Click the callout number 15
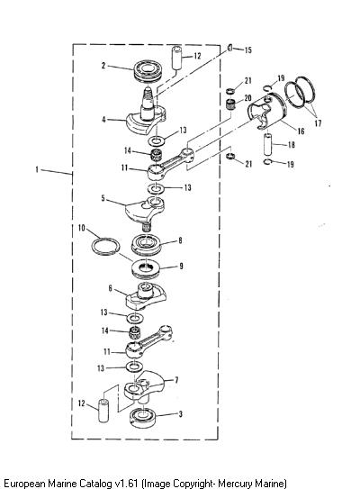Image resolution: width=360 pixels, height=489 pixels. (248, 50)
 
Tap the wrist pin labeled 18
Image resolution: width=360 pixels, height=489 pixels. (267, 144)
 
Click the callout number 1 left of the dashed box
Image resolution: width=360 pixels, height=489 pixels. (37, 169)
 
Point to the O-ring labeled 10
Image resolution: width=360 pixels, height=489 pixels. (105, 246)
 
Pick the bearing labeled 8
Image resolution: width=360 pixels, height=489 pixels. (147, 245)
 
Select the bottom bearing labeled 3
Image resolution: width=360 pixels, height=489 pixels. (143, 417)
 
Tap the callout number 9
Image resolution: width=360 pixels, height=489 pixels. (181, 266)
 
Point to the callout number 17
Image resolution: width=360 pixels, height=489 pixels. (318, 123)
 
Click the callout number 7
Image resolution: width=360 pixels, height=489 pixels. (176, 380)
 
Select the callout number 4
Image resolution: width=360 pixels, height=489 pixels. (103, 120)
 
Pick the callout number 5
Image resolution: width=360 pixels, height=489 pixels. (103, 198)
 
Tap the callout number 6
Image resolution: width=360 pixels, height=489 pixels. (111, 288)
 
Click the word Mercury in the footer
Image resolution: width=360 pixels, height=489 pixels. (235, 483)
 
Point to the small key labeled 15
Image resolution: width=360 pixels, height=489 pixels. (229, 48)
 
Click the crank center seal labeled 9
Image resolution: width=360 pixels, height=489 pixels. (146, 269)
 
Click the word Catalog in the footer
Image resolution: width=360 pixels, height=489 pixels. (94, 483)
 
